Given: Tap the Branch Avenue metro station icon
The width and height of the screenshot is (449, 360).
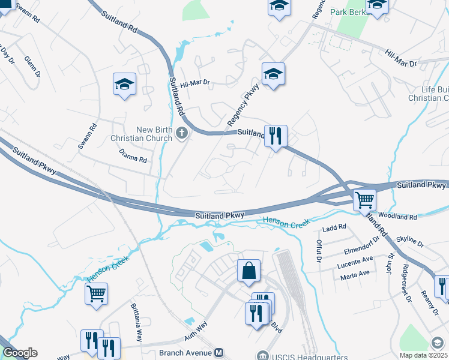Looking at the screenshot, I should click(x=219, y=353).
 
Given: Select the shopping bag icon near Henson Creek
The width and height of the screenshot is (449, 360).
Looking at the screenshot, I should click(x=249, y=271).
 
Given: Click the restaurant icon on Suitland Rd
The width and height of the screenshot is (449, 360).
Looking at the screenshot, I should click(x=275, y=136).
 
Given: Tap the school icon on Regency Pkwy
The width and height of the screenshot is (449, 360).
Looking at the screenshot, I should click(x=273, y=74).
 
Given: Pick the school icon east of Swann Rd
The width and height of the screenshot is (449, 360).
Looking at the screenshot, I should click(x=125, y=85).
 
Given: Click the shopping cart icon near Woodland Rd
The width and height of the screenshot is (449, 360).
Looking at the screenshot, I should click(x=364, y=200).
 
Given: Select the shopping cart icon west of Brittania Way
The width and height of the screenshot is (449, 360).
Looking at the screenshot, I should click(x=96, y=294).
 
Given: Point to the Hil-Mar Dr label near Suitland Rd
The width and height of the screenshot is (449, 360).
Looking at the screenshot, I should click(x=195, y=83).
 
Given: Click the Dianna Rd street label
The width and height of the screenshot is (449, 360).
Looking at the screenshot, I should click(x=133, y=157).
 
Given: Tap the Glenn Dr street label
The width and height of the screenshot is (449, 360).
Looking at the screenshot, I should click(x=32, y=67).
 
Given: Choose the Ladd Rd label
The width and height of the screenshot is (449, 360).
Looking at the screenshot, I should click(x=334, y=227).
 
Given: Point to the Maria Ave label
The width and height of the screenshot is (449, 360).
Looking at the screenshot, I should click(x=355, y=275).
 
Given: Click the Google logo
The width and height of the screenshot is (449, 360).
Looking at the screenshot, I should click(x=20, y=353).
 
